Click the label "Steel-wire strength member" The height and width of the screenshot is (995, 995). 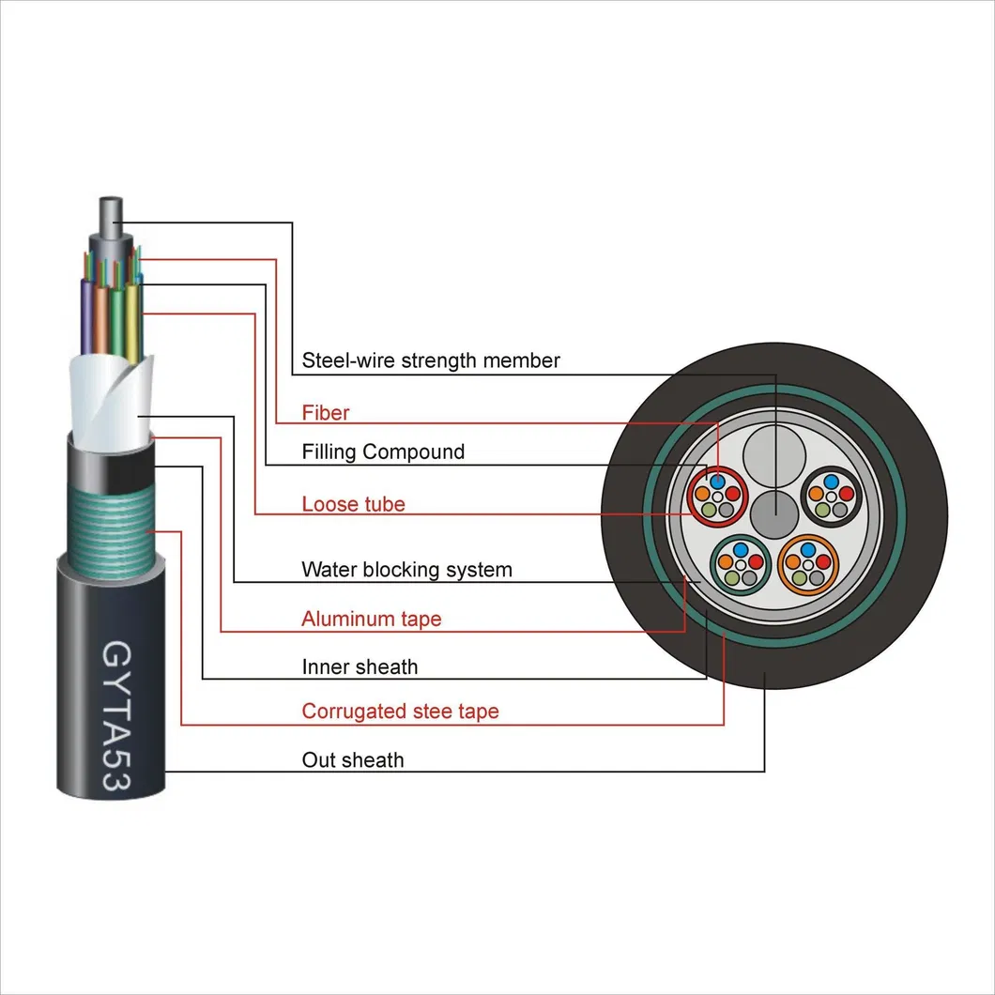[431, 360]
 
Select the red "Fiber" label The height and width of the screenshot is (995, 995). [326, 412]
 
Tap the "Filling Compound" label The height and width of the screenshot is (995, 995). [383, 452]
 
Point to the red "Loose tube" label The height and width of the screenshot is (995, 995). [353, 505]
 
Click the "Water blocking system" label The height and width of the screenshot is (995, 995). [406, 570]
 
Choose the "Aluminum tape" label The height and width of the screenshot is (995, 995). [371, 620]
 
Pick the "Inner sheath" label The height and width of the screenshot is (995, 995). [360, 667]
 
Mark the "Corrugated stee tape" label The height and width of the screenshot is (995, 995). [400, 712]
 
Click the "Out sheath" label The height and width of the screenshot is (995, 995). [353, 760]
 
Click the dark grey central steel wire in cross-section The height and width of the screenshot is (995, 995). [776, 515]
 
